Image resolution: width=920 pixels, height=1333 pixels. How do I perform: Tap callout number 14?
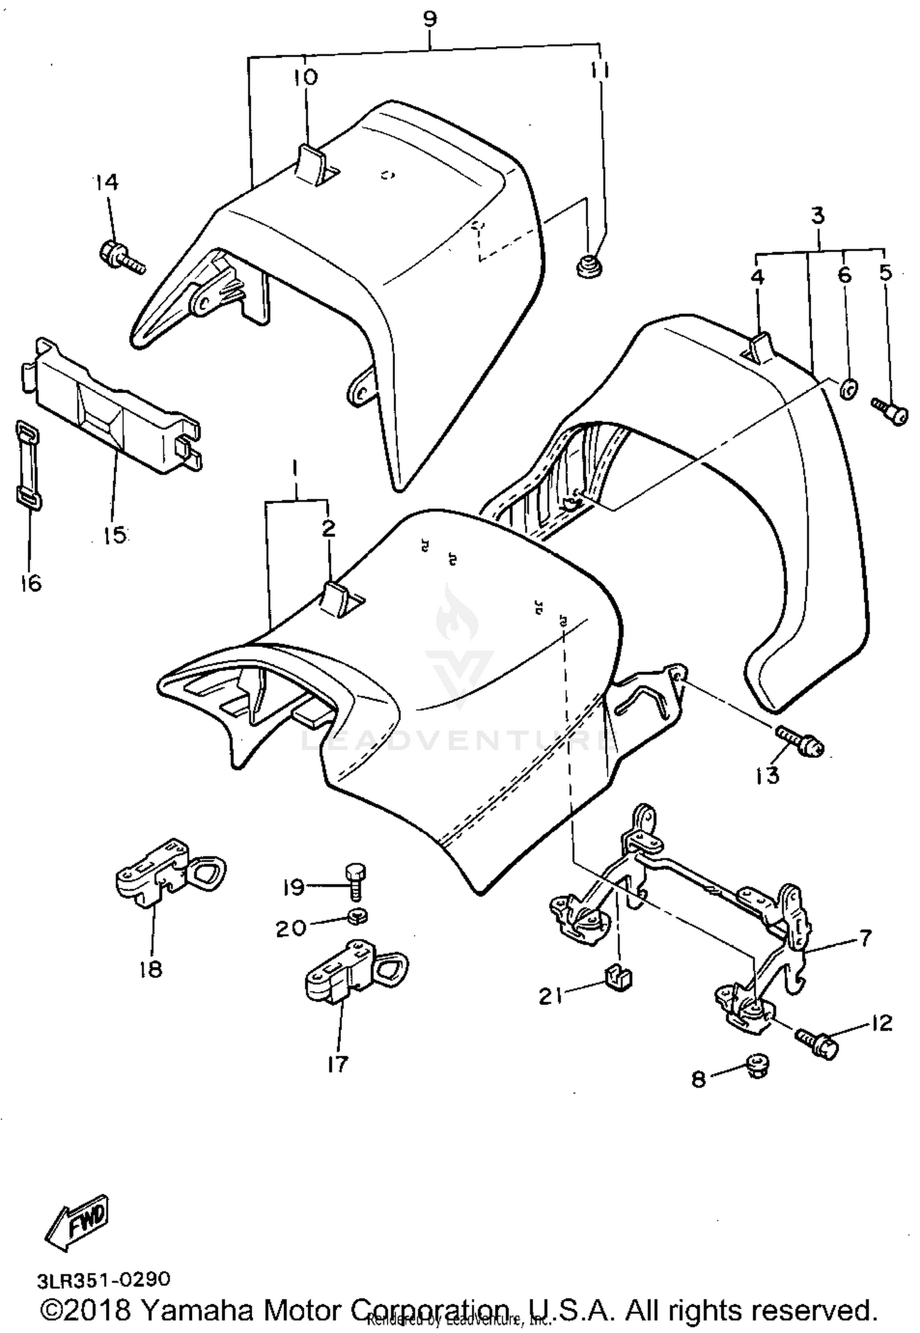[x=107, y=182]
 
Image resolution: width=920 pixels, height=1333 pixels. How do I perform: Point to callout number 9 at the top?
[x=431, y=20]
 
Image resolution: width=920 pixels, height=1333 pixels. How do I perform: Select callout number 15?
[x=115, y=535]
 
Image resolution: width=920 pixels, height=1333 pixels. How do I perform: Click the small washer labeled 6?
[x=846, y=389]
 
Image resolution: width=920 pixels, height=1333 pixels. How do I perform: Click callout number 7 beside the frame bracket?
[x=865, y=938]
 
